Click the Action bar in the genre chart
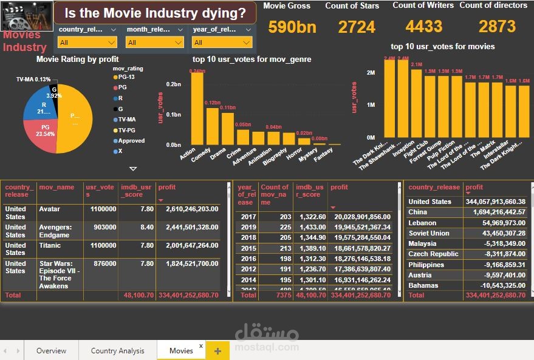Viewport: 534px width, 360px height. [197, 109]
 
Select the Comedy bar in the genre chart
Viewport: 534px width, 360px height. [213, 126]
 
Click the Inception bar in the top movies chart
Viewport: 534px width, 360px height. [416, 103]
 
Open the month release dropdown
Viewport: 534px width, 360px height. [154, 42]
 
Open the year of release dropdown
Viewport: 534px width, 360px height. [221, 42]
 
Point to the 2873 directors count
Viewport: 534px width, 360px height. [497, 27]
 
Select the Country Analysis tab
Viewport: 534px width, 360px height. [118, 350]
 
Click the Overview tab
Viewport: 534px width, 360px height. [51, 350]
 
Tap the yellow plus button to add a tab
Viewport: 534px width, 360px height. [218, 351]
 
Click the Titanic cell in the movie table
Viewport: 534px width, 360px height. [50, 244]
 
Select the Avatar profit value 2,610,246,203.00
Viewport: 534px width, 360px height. [191, 209]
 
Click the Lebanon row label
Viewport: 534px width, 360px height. [422, 223]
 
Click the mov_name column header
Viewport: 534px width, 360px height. [56, 187]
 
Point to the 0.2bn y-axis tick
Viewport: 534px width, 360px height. [174, 84]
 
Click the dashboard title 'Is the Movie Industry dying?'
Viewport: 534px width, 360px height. [155, 13]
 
